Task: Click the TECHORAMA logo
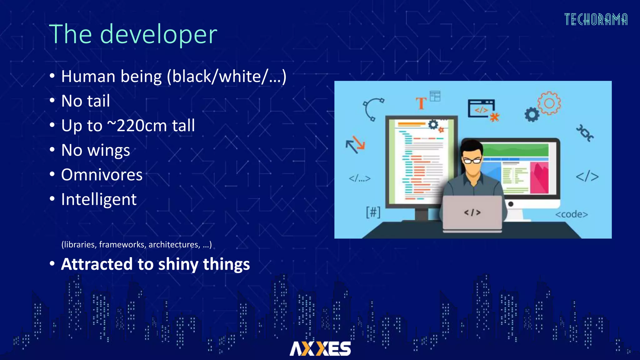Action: point(596,20)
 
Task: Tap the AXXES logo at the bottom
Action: point(320,348)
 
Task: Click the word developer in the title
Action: point(158,34)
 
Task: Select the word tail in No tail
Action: point(98,101)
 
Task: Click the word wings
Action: point(108,150)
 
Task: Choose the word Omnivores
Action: point(102,175)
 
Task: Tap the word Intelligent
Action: point(99,199)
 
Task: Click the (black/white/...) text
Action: point(227,77)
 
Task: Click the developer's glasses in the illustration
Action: point(472,161)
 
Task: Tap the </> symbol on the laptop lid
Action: point(472,212)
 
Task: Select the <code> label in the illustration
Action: point(571,214)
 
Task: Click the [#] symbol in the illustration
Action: point(373,212)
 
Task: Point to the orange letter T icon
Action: point(421,103)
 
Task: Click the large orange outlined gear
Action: point(549,103)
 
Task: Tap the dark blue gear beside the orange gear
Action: point(532,115)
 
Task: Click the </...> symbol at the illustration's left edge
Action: point(359,178)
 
